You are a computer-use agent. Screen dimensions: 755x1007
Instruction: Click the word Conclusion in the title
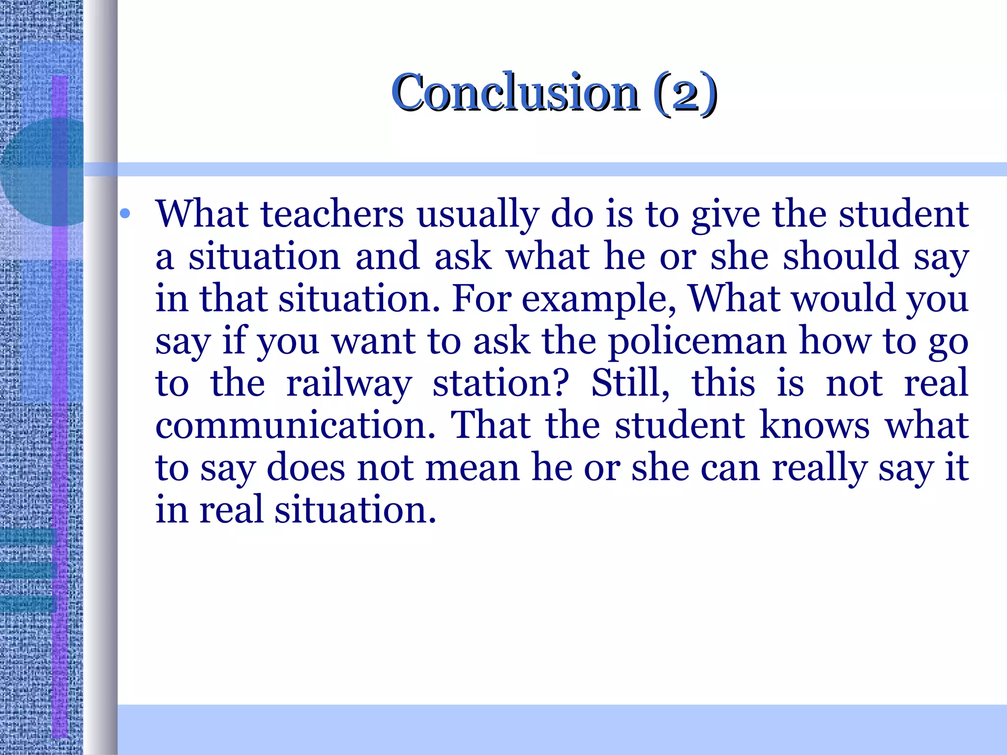(515, 92)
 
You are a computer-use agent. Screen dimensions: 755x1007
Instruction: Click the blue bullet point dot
(125, 213)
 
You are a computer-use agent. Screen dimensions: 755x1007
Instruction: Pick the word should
(841, 257)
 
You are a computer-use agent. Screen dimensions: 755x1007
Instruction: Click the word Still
(630, 383)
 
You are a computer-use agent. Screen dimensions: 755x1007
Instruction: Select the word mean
(473, 468)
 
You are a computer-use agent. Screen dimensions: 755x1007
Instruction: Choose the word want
(374, 342)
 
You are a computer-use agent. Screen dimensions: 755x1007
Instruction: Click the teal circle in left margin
(42, 172)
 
